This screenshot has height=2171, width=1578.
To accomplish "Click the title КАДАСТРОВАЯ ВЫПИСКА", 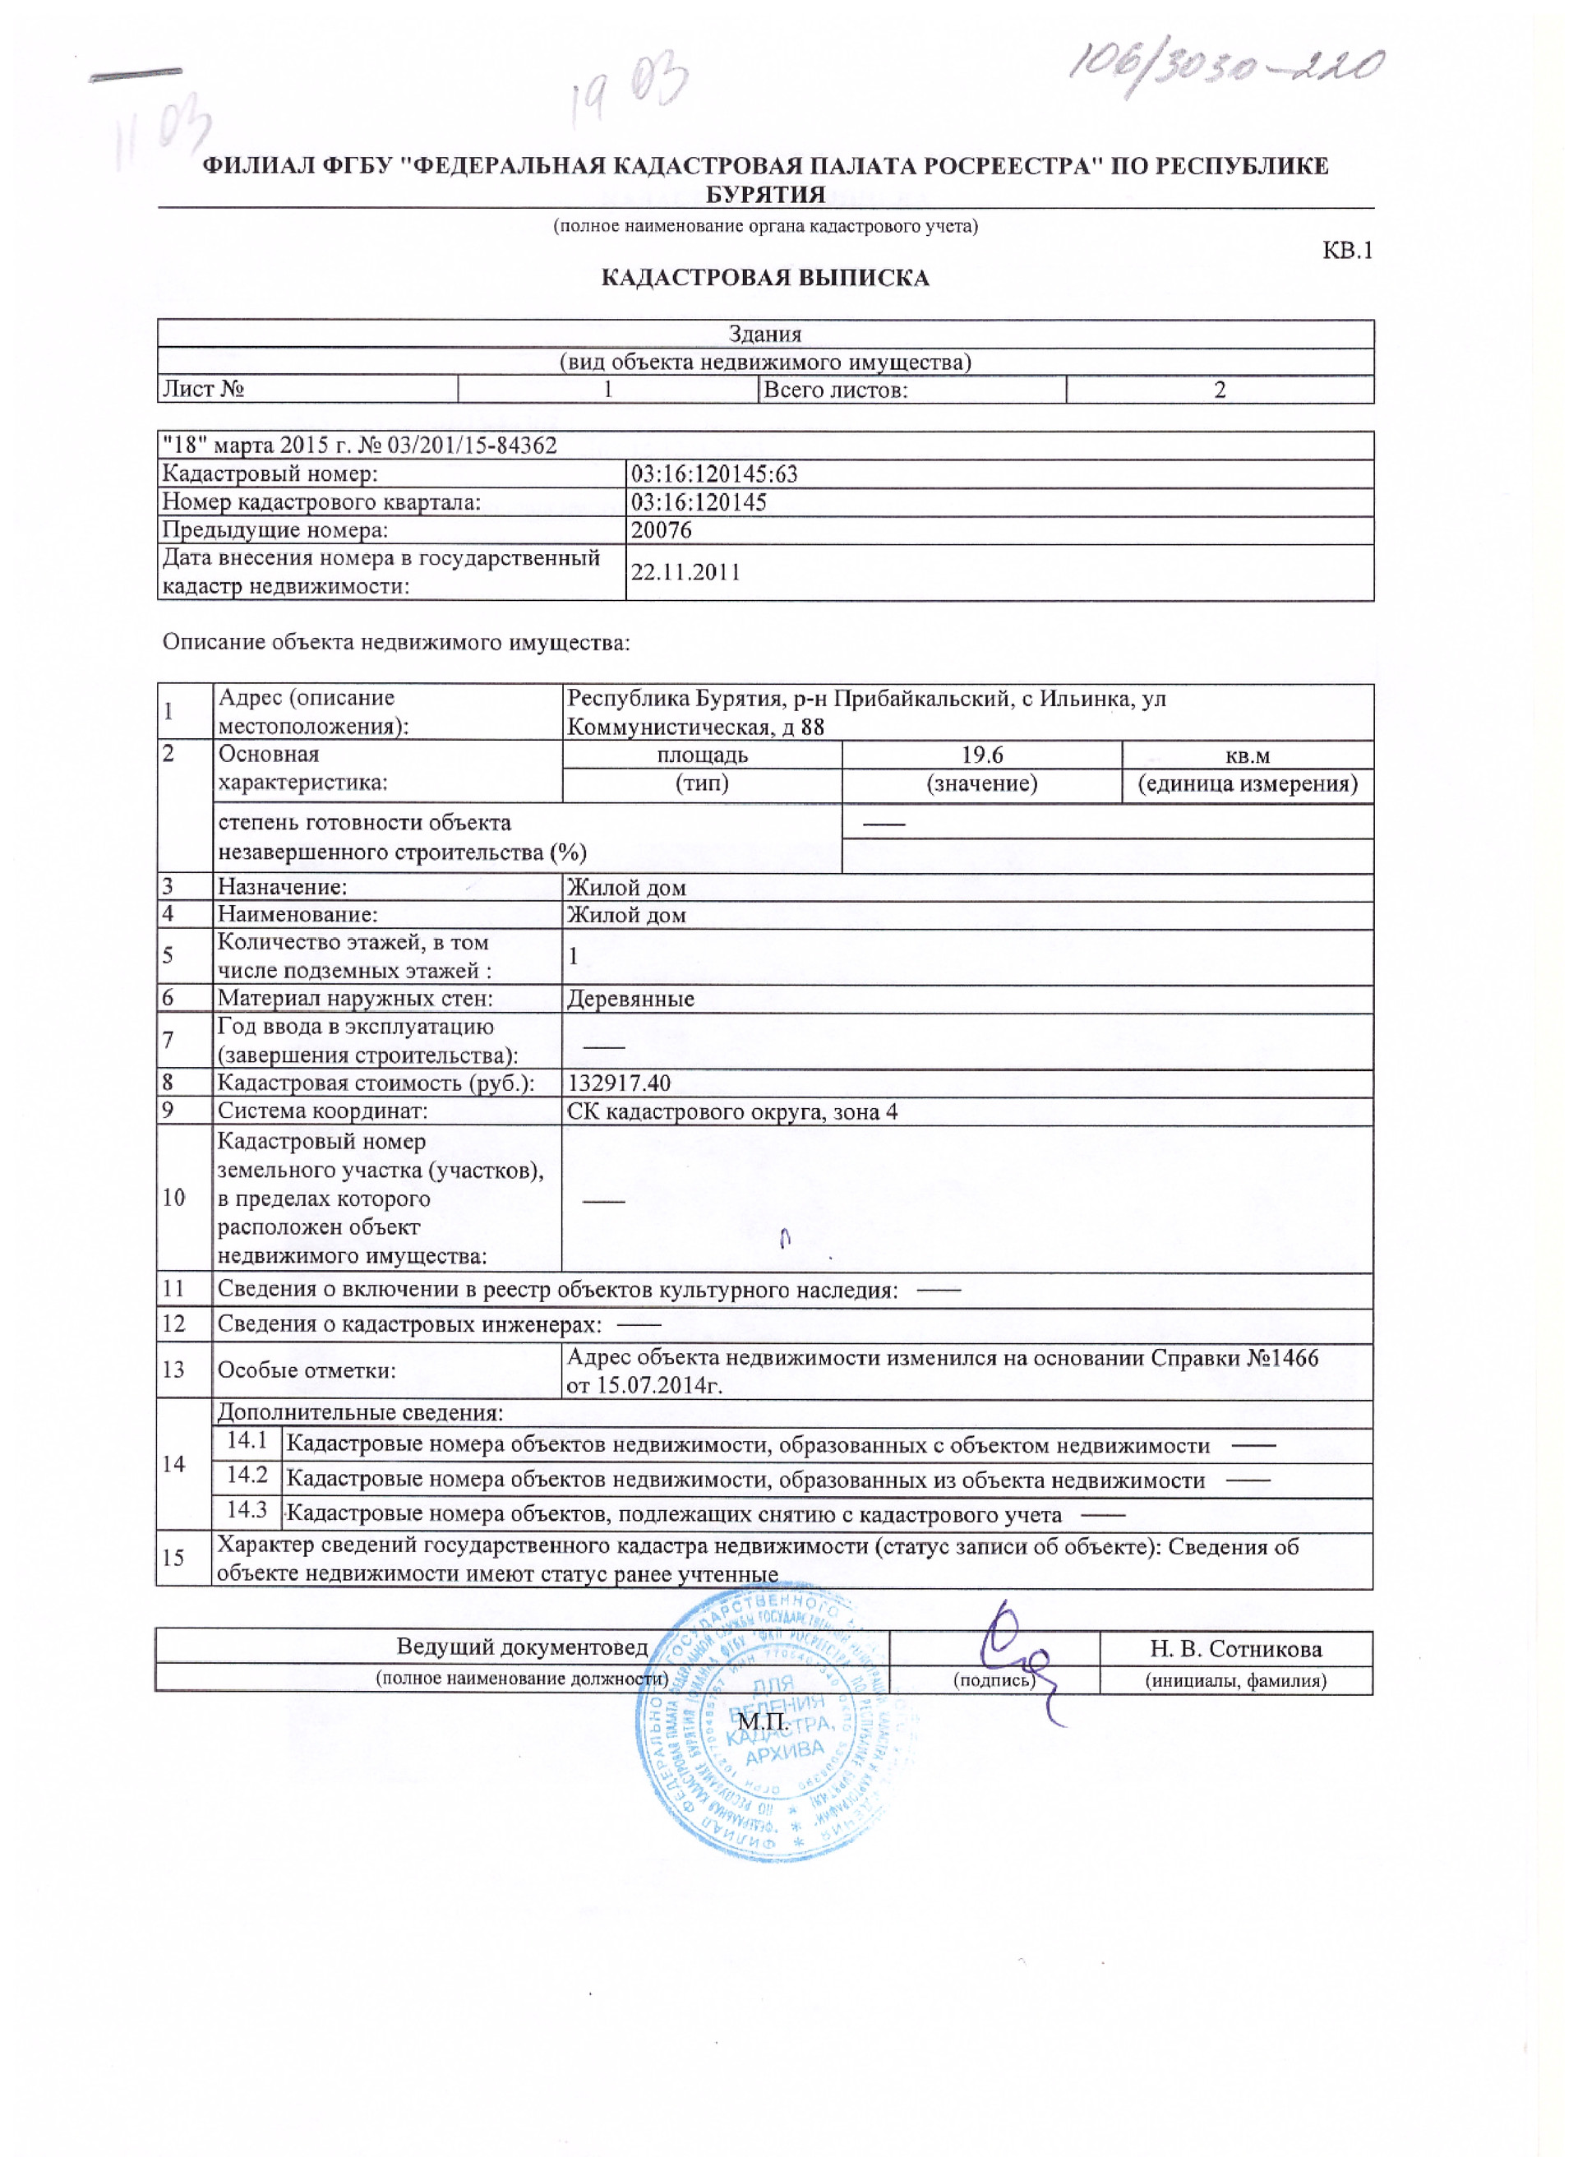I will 764,279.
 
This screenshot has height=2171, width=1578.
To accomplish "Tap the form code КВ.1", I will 1346,251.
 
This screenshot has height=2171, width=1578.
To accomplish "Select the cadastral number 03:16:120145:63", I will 714,473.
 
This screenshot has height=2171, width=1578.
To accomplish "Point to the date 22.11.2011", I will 685,572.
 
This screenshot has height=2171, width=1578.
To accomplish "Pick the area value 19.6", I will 982,755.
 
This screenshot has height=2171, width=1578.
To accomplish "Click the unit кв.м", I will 1247,756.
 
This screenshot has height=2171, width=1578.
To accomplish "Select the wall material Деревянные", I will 630,1000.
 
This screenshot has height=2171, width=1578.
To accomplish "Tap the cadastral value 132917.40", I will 619,1083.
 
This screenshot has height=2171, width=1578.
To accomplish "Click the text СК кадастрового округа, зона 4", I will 732,1112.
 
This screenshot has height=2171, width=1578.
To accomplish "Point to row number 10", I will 173,1198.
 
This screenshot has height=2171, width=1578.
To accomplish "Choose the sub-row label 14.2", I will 247,1475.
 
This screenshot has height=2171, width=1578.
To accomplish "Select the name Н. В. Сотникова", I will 1235,1649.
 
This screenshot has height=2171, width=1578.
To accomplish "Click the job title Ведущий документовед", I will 523,1647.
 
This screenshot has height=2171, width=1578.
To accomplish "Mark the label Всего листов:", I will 835,390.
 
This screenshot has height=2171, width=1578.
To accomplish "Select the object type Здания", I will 764,334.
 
